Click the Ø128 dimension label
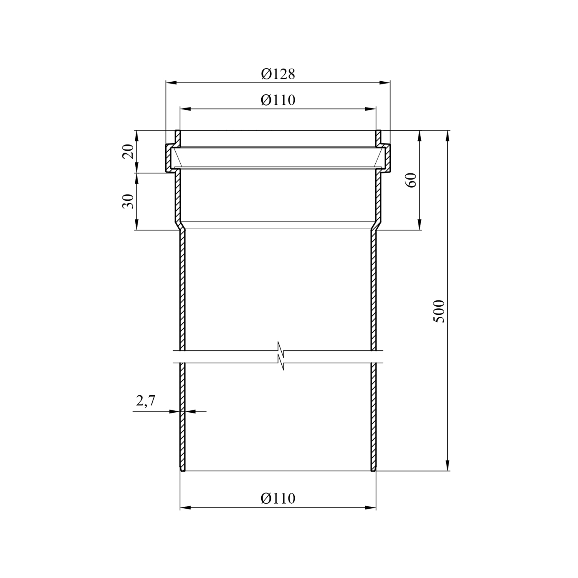[278, 74]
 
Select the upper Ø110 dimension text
[278, 100]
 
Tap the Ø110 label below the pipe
[278, 499]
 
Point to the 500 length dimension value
[440, 311]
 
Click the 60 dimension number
[412, 180]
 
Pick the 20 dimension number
[129, 151]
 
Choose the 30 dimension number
[129, 201]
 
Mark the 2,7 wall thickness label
[145, 401]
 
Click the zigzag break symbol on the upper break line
[281, 351]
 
